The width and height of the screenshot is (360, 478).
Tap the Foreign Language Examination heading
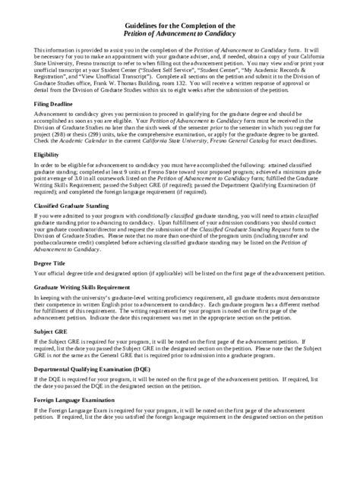pyautogui.click(x=81, y=398)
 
